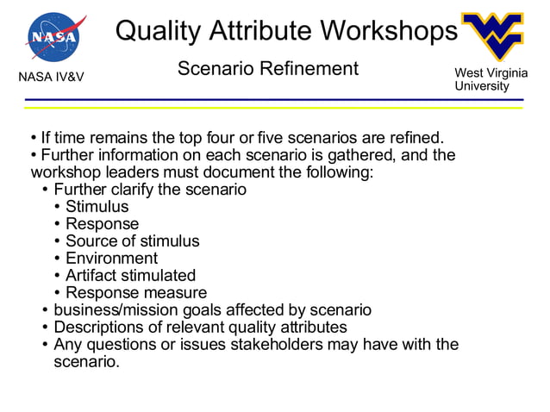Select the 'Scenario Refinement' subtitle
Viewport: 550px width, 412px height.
(267, 69)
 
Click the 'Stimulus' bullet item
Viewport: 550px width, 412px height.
(97, 207)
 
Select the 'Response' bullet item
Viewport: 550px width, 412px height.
(102, 224)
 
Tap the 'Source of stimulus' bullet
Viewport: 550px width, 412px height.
(132, 241)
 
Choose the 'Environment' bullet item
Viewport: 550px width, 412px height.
(111, 259)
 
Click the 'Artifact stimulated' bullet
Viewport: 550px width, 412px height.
(130, 276)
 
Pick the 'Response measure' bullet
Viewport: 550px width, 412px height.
(136, 293)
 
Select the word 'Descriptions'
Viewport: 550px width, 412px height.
(101, 328)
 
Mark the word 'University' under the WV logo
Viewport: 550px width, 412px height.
(481, 86)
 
